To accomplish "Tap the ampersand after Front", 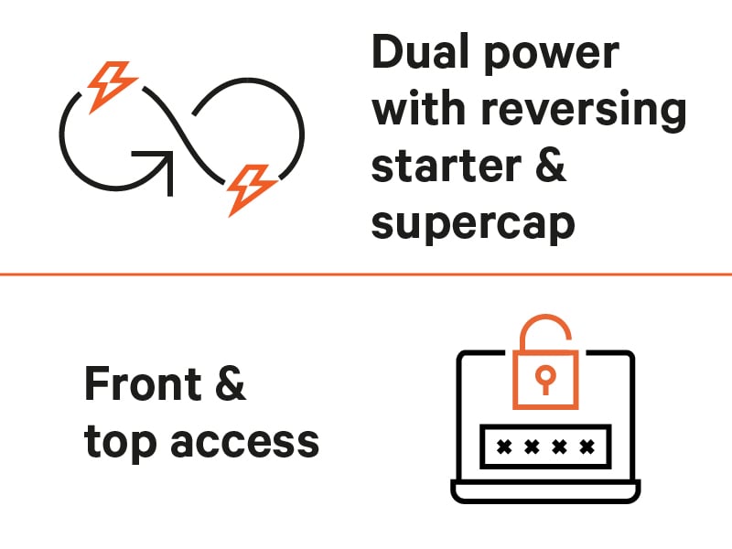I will pos(229,383).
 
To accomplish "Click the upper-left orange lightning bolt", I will pos(111,83).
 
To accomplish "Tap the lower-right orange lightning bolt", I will pos(250,188).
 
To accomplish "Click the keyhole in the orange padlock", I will pos(544,376).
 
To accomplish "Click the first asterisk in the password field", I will pos(501,447).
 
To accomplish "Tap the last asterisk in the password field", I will pos(587,447).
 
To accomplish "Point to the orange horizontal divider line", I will pos(366,273).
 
